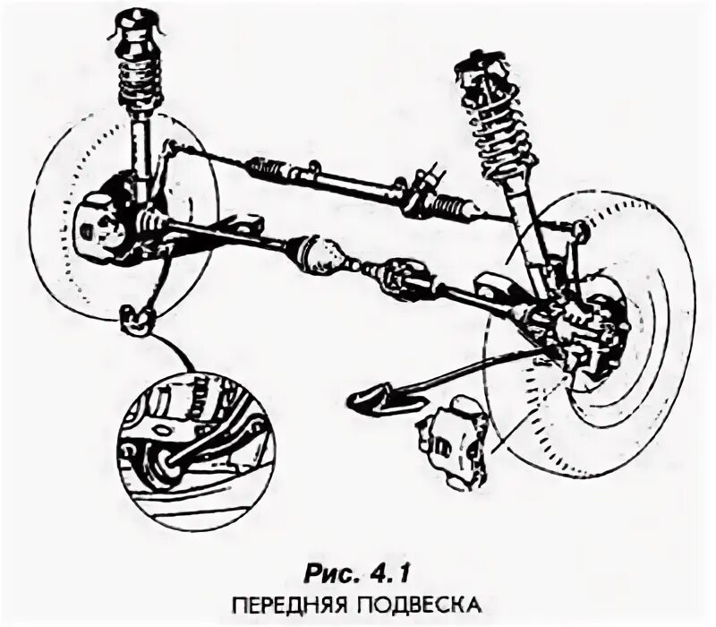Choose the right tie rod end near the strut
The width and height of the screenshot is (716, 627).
click(577, 234)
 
